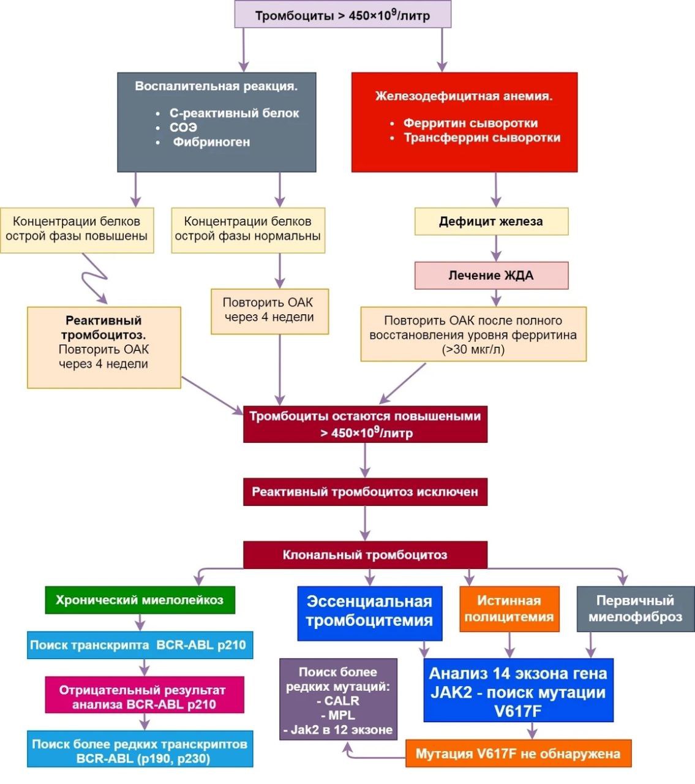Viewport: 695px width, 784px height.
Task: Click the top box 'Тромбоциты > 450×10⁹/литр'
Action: coord(343,15)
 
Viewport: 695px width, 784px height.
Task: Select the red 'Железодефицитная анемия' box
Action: coord(464,122)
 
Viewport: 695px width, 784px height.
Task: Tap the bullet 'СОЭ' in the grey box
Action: coord(183,127)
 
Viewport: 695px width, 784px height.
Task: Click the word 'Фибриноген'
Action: coord(211,142)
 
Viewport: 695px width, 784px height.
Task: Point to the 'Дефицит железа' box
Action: coord(491,222)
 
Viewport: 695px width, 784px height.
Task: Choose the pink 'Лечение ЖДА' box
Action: coord(491,276)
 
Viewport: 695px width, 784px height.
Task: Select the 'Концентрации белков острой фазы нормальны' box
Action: coord(248,229)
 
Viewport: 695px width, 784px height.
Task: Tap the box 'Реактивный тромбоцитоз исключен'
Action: coord(365,492)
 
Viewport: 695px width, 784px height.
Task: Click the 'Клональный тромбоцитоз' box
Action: coord(365,555)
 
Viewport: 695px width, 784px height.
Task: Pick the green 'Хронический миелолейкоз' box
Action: coord(140,600)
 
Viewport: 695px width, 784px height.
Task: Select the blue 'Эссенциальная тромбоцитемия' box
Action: coord(369,611)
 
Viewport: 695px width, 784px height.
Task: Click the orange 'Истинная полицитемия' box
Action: coord(509,609)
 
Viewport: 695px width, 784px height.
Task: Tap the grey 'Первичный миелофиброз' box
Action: coord(635,609)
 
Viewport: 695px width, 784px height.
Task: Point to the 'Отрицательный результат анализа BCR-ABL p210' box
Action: coord(144,697)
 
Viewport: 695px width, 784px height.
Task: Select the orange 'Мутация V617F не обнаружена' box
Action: coord(518,753)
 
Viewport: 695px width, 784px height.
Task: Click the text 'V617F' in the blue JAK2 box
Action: coord(518,712)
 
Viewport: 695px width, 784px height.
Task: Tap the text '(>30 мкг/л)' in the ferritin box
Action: coord(473,350)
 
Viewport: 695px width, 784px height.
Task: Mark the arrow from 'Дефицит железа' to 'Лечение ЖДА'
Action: coord(496,249)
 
